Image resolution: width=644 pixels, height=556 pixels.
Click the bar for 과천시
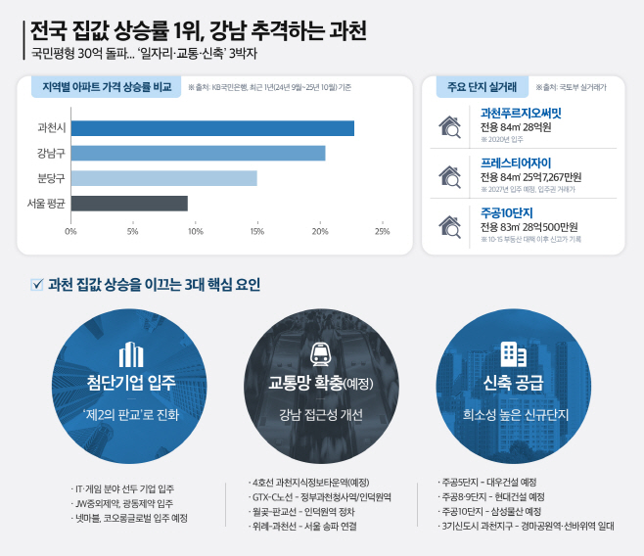coord(212,128)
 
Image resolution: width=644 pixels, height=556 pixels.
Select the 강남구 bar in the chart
coord(198,153)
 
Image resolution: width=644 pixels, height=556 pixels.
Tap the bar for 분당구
coord(163,178)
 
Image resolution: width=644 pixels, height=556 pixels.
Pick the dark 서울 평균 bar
coord(129,204)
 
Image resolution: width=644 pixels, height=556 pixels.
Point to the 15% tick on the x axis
coord(257,232)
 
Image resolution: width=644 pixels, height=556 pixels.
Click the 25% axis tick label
coord(382,232)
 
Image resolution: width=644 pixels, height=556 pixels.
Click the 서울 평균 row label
coord(46,204)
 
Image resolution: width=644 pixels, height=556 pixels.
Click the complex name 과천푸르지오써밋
coord(521,114)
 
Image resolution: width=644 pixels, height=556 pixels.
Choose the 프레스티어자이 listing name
coord(516,162)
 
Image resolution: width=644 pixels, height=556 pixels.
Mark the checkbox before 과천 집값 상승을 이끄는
coord(38,285)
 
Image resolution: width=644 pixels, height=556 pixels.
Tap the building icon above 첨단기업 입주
coord(131,354)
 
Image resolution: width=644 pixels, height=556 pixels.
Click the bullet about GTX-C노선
coord(321,496)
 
